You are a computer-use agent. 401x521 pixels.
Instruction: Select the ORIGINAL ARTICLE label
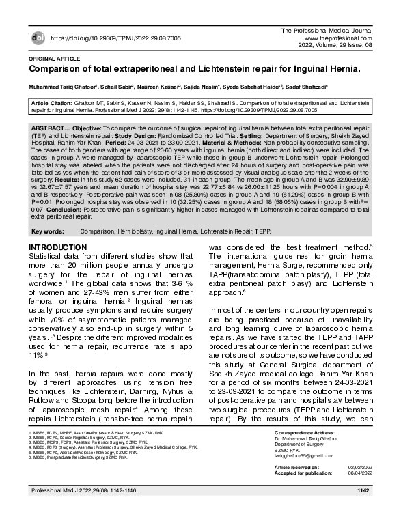[51, 59]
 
